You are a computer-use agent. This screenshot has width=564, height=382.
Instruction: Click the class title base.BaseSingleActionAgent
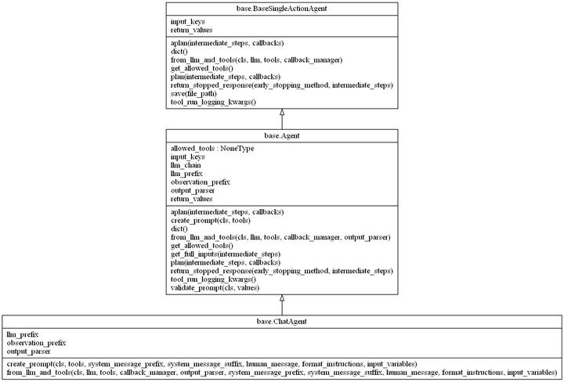(282, 9)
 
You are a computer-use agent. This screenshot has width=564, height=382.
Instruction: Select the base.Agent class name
(282, 136)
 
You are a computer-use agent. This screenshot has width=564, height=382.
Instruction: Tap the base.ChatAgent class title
(282, 322)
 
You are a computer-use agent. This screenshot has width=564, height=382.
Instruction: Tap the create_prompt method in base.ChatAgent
(211, 365)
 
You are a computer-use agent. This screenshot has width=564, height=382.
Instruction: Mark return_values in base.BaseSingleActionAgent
(192, 29)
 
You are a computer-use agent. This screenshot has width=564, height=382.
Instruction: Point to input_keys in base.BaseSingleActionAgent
(189, 21)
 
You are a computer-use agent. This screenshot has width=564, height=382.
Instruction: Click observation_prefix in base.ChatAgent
(36, 343)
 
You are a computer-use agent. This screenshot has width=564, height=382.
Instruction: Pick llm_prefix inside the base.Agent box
(186, 174)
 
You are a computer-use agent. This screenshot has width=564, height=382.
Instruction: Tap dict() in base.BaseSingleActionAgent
(179, 51)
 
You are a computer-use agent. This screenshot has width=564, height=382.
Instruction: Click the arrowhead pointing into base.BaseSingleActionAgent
(282, 113)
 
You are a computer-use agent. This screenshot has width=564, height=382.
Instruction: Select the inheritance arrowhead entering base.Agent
(282, 299)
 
